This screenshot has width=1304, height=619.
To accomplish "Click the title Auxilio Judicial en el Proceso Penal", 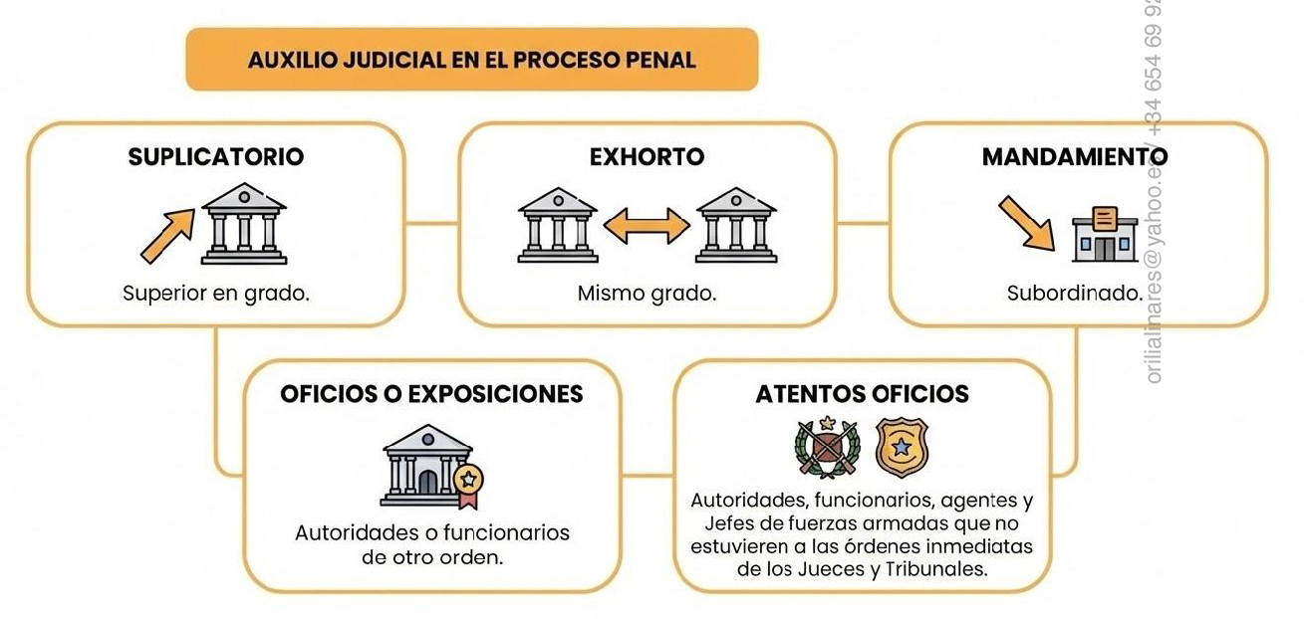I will point(471,59).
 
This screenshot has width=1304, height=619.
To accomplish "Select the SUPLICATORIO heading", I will point(216,157).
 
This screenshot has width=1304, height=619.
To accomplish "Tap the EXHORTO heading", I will point(647,157).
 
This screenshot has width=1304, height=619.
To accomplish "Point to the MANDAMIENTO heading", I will point(1074,157).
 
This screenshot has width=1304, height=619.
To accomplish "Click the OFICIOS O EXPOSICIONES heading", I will point(431,394).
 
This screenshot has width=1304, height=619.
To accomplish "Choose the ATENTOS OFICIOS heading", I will point(862,394).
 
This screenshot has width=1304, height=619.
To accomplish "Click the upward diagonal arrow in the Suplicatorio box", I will point(167,235).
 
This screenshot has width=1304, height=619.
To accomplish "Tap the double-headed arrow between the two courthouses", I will point(647,226).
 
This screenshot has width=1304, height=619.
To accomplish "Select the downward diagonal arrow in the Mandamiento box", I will point(1027,222).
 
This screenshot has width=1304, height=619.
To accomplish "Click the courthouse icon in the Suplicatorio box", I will point(244,224).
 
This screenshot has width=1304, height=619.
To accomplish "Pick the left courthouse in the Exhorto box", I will point(558,225).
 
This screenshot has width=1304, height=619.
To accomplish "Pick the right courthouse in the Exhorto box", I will point(736,225).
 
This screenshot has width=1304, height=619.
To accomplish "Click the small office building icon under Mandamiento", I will point(1104,234).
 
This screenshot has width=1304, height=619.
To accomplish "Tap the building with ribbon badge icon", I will point(429,466).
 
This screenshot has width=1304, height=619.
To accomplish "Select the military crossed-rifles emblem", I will point(827,447).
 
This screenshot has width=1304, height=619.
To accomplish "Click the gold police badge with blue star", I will point(901,447).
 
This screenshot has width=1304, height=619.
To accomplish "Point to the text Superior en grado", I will point(216,294).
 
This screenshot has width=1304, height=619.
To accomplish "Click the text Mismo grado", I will point(647,294).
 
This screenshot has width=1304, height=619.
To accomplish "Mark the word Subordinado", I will point(1074,294).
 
